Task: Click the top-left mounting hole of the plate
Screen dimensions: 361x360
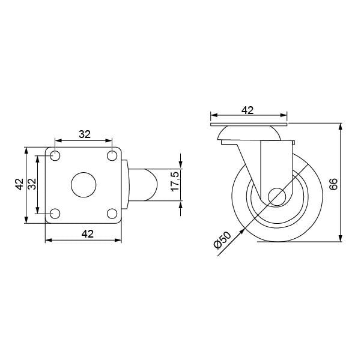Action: click(x=55, y=156)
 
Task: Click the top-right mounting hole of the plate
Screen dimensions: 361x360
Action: click(x=112, y=156)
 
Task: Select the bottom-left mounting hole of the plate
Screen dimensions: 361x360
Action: click(x=55, y=214)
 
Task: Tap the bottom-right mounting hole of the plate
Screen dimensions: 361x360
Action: click(x=112, y=214)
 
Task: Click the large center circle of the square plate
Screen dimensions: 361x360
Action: click(x=83, y=185)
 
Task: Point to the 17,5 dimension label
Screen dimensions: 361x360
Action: click(x=175, y=181)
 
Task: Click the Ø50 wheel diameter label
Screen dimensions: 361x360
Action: click(x=222, y=240)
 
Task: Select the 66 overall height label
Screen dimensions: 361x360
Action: click(x=333, y=184)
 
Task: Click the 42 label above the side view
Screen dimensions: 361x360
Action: click(x=247, y=110)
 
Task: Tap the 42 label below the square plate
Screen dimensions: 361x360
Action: click(x=88, y=234)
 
